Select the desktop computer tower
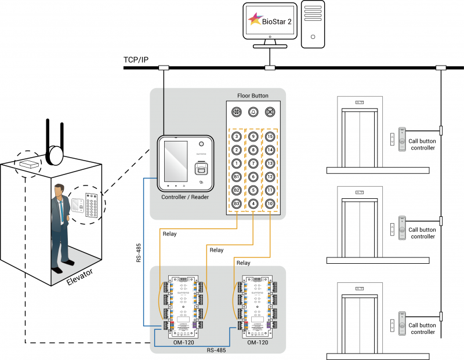coord(313,24)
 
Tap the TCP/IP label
coord(136,60)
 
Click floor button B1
coord(237,177)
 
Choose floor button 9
coord(253,137)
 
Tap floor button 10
coord(270,203)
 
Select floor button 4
coord(253,203)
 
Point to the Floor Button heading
coord(253,95)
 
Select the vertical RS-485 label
coord(138,249)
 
